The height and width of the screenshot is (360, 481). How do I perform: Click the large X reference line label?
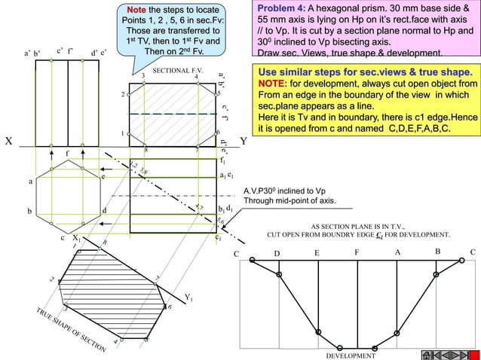pyautogui.click(x=8, y=142)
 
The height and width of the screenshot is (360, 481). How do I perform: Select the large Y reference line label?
pyautogui.click(x=243, y=142)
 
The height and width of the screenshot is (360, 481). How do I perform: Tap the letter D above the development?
pyautogui.click(x=277, y=254)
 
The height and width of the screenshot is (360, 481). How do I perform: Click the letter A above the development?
pyautogui.click(x=397, y=253)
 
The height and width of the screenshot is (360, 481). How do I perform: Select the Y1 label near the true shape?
pyautogui.click(x=188, y=297)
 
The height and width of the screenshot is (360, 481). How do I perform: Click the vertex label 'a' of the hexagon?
pyautogui.click(x=30, y=182)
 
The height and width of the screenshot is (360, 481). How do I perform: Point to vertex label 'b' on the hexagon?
pyautogui.click(x=30, y=211)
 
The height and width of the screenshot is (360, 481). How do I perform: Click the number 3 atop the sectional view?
pyautogui.click(x=142, y=76)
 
